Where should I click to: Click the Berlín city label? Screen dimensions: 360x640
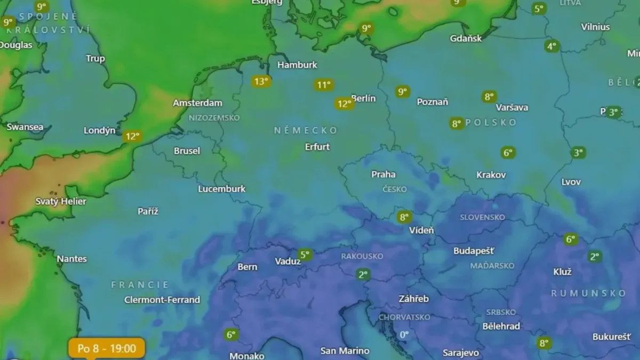[364, 98]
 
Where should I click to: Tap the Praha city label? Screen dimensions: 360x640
[383, 174]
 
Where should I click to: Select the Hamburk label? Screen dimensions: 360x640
[297, 65]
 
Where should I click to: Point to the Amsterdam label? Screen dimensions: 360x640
[197, 103]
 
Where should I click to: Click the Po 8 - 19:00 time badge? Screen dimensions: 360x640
[107, 348]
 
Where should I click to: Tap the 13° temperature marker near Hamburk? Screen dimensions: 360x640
[261, 82]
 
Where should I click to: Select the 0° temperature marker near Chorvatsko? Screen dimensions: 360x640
[404, 334]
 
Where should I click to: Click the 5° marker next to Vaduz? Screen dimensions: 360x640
[305, 255]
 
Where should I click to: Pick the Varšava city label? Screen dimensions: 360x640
[512, 107]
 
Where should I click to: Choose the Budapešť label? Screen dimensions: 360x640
[474, 251]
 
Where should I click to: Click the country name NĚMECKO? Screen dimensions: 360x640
[306, 130]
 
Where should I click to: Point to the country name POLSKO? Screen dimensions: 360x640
[491, 123]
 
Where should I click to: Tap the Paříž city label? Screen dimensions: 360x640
[148, 211]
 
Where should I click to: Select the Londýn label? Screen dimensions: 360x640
[99, 131]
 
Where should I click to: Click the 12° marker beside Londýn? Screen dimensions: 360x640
[132, 136]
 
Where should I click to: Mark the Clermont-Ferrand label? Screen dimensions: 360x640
[162, 300]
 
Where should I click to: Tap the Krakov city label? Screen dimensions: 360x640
[491, 174]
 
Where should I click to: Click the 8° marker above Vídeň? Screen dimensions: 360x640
[404, 217]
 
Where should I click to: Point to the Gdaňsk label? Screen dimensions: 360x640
[466, 38]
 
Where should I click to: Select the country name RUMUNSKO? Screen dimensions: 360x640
[588, 293]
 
